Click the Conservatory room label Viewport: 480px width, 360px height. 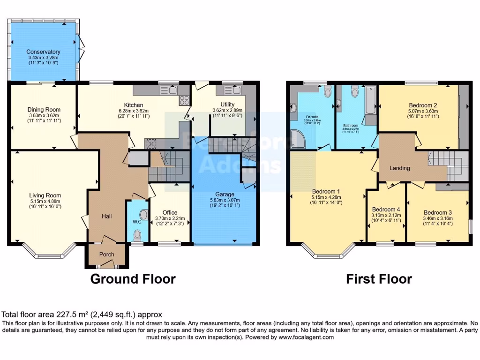click(x=43, y=52)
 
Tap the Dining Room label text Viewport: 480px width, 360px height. click(x=43, y=110)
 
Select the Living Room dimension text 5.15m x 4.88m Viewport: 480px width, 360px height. click(x=45, y=202)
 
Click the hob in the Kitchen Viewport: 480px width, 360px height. click(x=184, y=100)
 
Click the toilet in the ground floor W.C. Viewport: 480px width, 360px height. click(x=137, y=234)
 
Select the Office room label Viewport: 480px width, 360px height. click(x=170, y=212)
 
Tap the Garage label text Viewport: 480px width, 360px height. click(x=225, y=194)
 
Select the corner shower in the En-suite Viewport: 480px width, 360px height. click(x=298, y=137)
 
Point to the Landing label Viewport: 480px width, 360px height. click(x=400, y=168)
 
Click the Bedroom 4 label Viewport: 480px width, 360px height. click(x=385, y=209)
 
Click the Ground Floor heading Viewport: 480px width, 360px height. click(x=133, y=279)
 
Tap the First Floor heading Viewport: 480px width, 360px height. click(x=379, y=279)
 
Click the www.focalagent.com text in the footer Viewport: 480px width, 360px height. click(x=307, y=337)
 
